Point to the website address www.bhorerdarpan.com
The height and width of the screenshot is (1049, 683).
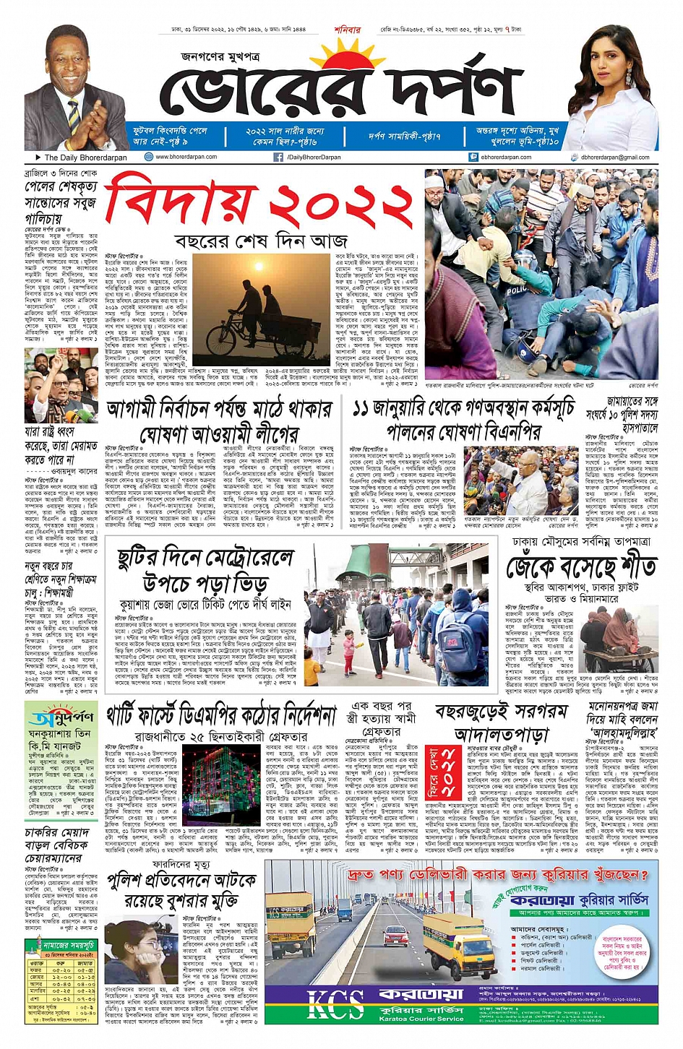click(x=186, y=157)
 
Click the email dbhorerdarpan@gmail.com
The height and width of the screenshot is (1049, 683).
click(x=614, y=157)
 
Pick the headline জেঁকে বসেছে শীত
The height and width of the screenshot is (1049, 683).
click(x=581, y=566)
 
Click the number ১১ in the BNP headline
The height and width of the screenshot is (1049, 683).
click(x=365, y=409)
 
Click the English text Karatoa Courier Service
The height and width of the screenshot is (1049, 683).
click(x=421, y=1019)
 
